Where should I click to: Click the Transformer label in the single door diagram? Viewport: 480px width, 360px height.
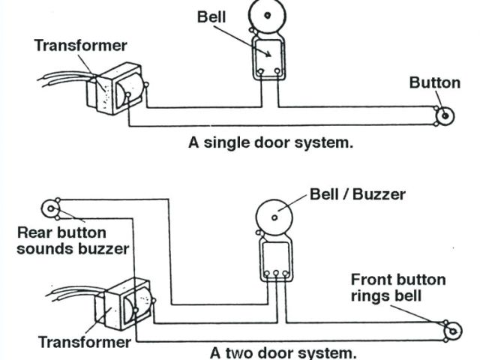pyautogui.click(x=80, y=46)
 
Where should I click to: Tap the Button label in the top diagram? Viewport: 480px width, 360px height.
pyautogui.click(x=434, y=82)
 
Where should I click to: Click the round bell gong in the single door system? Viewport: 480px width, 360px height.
pyautogui.click(x=268, y=17)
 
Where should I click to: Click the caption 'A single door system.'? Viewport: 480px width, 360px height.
pyautogui.click(x=270, y=142)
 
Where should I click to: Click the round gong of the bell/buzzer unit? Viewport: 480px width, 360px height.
pyautogui.click(x=275, y=217)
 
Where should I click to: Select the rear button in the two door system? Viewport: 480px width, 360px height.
pyautogui.click(x=50, y=208)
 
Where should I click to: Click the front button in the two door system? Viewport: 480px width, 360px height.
pyautogui.click(x=453, y=330)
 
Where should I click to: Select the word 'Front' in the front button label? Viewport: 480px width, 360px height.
pyautogui.click(x=371, y=280)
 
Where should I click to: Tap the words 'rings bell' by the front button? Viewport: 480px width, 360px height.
pyautogui.click(x=385, y=295)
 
